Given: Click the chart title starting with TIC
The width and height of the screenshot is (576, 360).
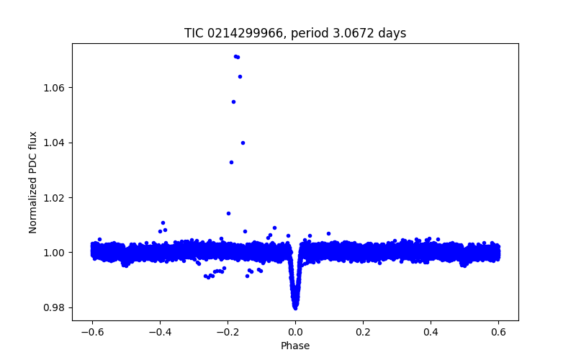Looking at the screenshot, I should pyautogui.click(x=295, y=33).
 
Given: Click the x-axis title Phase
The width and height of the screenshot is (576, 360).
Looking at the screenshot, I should pyautogui.click(x=295, y=346).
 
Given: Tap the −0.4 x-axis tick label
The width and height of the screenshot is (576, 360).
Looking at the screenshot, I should pyautogui.click(x=160, y=333).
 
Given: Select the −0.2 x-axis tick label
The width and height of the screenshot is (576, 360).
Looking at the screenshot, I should pyautogui.click(x=228, y=333).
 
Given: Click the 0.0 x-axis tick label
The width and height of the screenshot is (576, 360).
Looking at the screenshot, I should pyautogui.click(x=295, y=333).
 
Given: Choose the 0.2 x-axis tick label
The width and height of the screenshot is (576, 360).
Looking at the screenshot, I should pyautogui.click(x=363, y=333).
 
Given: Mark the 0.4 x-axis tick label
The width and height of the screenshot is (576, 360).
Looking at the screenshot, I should pyautogui.click(x=431, y=333).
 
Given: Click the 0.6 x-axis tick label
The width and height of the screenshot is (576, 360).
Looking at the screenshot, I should pyautogui.click(x=498, y=333).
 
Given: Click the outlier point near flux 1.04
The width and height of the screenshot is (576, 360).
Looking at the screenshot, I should pyautogui.click(x=243, y=143).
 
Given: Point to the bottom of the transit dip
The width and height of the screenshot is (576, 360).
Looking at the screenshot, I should pyautogui.click(x=295, y=307).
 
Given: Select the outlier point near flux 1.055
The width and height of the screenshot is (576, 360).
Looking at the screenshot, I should pyautogui.click(x=233, y=102).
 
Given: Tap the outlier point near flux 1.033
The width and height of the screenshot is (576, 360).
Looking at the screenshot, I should pyautogui.click(x=231, y=162).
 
